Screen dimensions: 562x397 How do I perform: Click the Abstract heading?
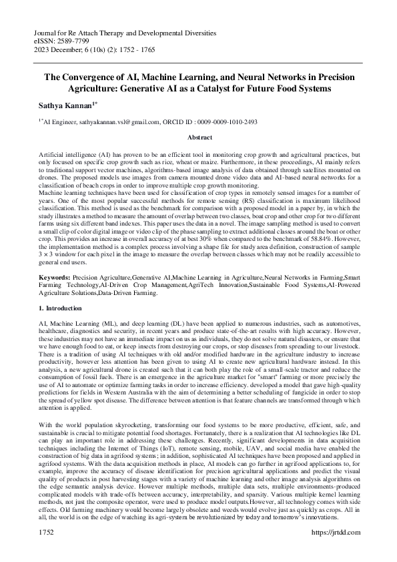coord(198,136)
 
